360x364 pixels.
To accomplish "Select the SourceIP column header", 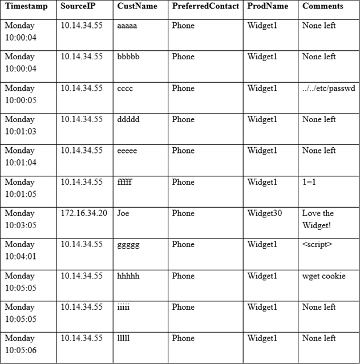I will point(78,6).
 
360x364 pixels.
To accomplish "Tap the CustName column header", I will point(137,6).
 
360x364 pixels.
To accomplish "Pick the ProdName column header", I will point(266,6).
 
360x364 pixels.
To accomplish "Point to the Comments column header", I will point(323,6).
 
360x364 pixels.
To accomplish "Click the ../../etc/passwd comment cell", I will point(329,88).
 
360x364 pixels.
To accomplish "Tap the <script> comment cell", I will point(317,245).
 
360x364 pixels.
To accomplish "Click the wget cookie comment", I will point(324,276).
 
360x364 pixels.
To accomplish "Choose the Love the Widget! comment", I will point(318,219).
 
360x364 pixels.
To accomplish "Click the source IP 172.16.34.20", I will point(84,213).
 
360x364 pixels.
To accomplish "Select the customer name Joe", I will point(123,213).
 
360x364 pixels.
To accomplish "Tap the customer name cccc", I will point(126,88).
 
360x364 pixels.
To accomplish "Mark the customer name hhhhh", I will point(128,276).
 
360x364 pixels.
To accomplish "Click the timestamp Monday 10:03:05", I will point(21,219).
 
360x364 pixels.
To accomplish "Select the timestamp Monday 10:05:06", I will point(21,344).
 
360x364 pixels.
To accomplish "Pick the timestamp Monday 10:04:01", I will point(21,250).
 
